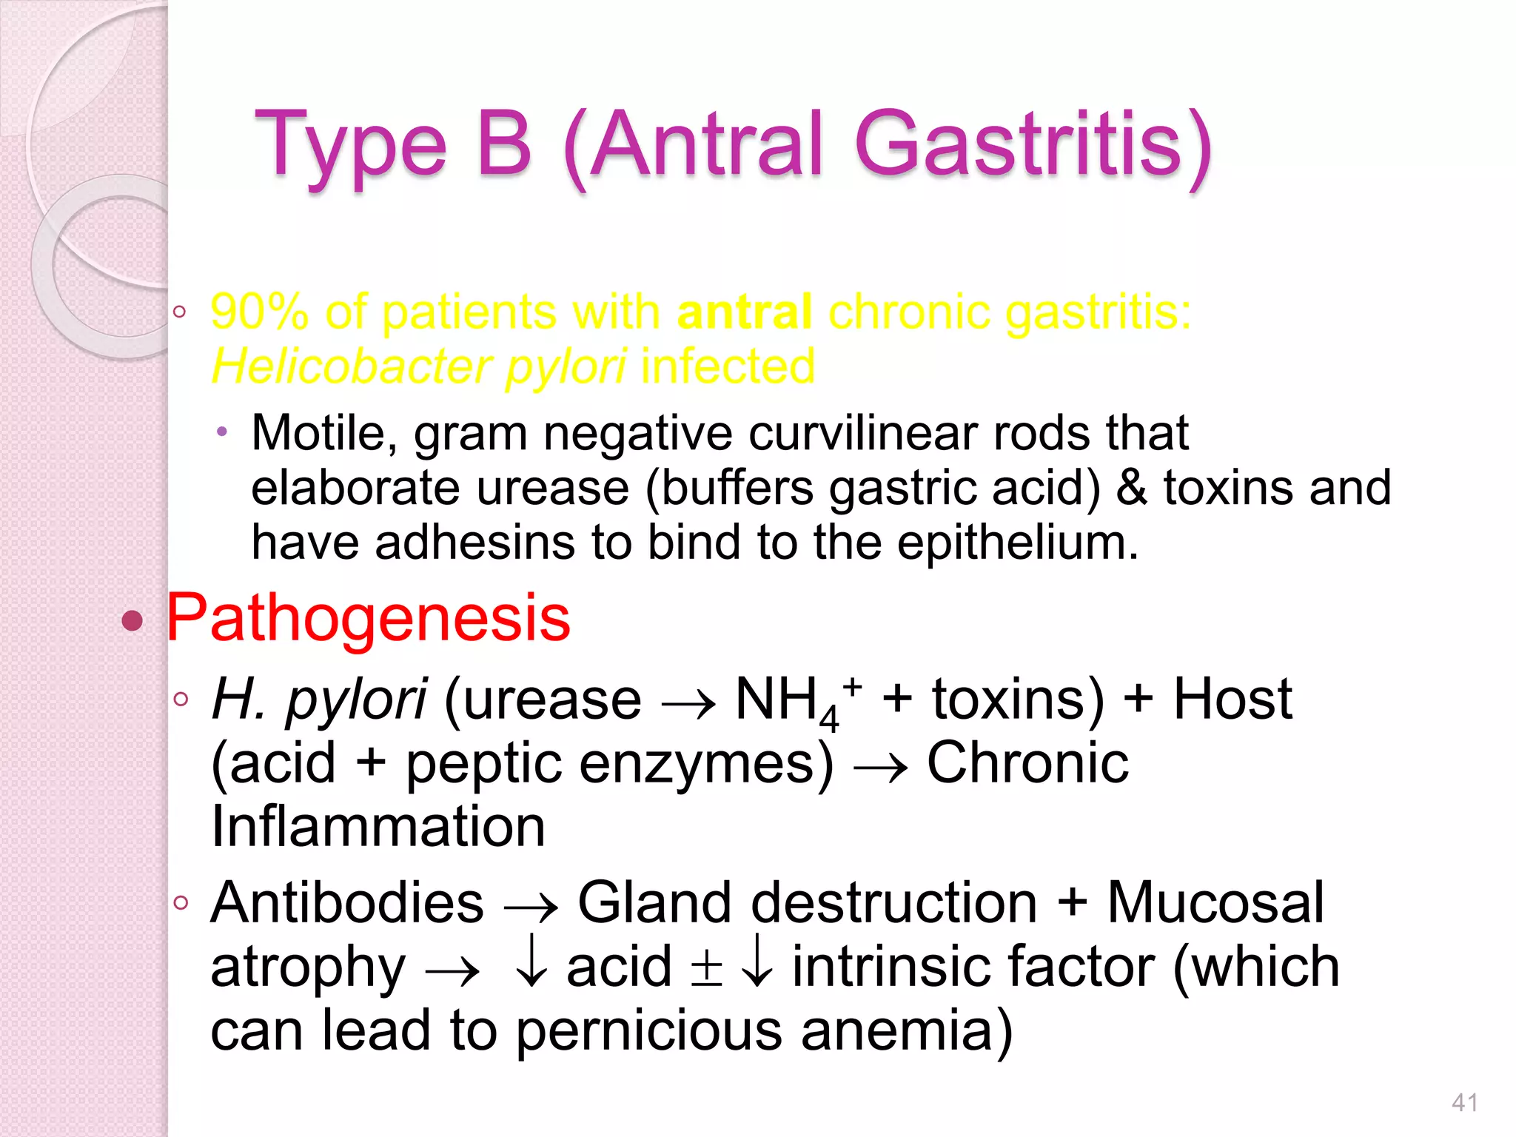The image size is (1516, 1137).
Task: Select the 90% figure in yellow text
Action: (x=259, y=312)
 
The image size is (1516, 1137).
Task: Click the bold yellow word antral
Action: (x=745, y=312)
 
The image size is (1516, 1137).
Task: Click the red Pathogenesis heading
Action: (x=369, y=618)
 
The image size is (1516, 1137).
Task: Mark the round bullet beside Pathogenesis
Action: (x=132, y=620)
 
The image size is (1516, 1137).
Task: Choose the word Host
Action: (x=1232, y=700)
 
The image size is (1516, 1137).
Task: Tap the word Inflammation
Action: (x=378, y=827)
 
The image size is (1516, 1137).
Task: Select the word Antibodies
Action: (x=347, y=903)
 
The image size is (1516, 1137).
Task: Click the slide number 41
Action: (x=1464, y=1103)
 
